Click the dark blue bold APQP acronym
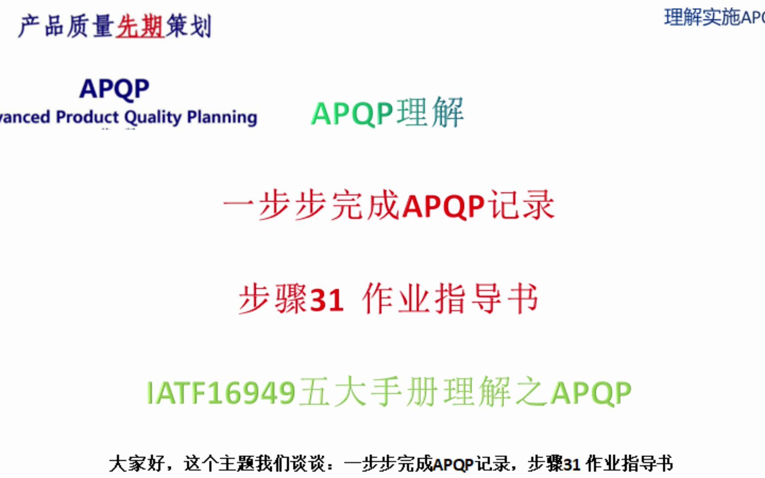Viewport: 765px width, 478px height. click(115, 89)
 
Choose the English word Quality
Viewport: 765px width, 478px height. click(153, 117)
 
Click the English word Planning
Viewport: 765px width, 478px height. click(222, 117)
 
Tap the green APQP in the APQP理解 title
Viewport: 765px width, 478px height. click(352, 114)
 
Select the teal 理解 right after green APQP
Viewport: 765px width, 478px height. click(430, 113)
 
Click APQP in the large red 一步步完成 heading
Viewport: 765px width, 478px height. click(444, 206)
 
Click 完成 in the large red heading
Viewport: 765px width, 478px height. click(366, 205)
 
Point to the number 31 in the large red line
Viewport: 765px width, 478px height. click(327, 300)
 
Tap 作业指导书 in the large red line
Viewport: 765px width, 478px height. click(450, 299)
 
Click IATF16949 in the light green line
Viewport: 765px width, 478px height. click(221, 393)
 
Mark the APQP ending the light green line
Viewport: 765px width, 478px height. click(591, 393)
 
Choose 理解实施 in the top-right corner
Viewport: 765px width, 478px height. click(702, 18)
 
